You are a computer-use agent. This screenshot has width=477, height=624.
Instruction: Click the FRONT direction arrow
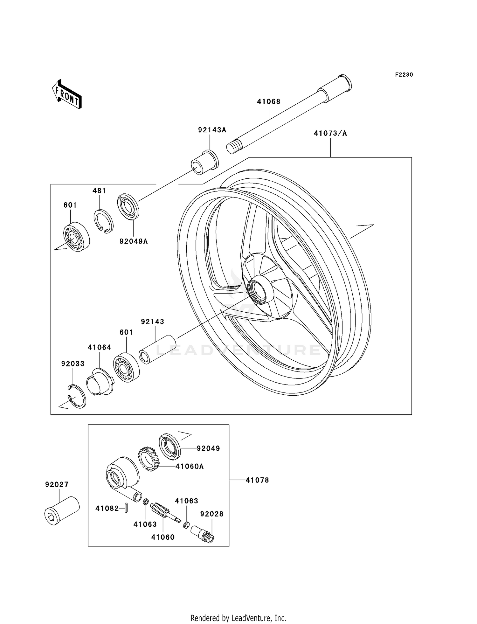(x=67, y=95)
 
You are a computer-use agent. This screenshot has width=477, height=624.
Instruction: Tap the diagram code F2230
(x=404, y=75)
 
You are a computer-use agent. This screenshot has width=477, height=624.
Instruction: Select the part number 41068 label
(x=269, y=102)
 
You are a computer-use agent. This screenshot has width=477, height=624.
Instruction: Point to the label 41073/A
(x=330, y=134)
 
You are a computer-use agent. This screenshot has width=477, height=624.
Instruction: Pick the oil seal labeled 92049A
(x=128, y=206)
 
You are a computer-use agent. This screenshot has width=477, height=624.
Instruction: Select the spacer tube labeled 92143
(x=157, y=349)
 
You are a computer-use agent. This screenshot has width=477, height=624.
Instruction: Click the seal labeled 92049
(x=170, y=446)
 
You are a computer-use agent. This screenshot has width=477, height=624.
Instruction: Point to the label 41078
(x=257, y=480)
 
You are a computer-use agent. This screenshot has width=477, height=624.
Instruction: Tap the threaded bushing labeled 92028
(x=202, y=534)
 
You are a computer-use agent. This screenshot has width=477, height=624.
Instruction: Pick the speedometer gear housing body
(x=122, y=475)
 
